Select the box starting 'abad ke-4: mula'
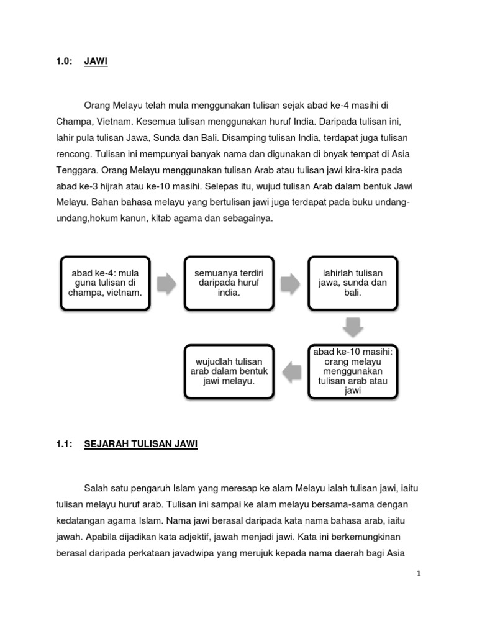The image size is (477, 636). (105, 283)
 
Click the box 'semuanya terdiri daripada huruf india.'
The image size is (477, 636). (229, 283)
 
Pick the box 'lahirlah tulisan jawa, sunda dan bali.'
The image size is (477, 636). (353, 283)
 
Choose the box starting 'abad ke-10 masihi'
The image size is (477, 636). (353, 371)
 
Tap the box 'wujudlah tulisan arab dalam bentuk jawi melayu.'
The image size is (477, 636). (229, 371)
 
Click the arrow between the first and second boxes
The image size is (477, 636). (167, 283)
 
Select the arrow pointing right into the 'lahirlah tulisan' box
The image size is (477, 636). (291, 283)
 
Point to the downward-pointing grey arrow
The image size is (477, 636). (353, 327)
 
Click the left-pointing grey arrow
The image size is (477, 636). (291, 371)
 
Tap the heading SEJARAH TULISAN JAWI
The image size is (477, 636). (140, 444)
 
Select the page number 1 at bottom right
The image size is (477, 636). (419, 574)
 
